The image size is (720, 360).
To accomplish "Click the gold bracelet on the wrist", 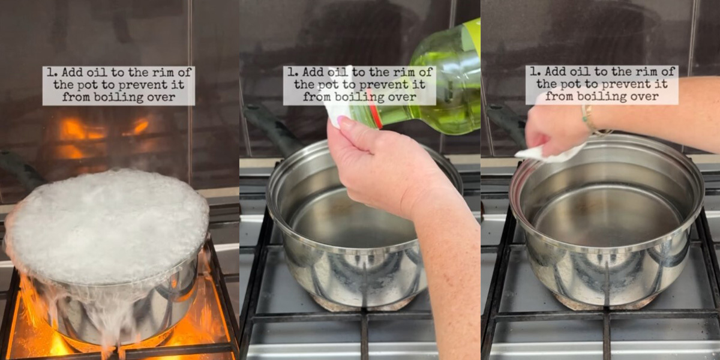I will click(591, 120).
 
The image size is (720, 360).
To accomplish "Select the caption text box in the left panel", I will click(118, 85).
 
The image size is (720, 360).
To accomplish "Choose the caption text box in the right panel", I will click(602, 85).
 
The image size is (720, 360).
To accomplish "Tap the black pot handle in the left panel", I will click(21, 168).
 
